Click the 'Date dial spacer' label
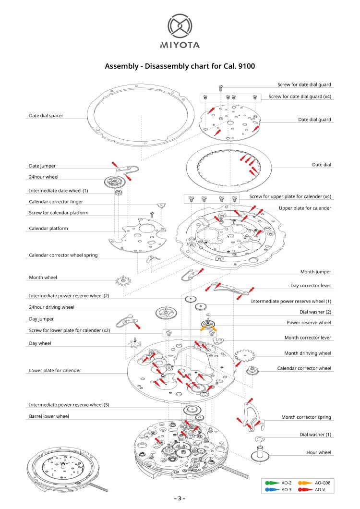46,116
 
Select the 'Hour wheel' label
319,452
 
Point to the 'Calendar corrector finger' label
56,202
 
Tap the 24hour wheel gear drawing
114,182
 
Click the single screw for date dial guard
221,87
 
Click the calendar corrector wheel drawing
253,370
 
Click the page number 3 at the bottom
180,498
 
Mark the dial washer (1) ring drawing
258,439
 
